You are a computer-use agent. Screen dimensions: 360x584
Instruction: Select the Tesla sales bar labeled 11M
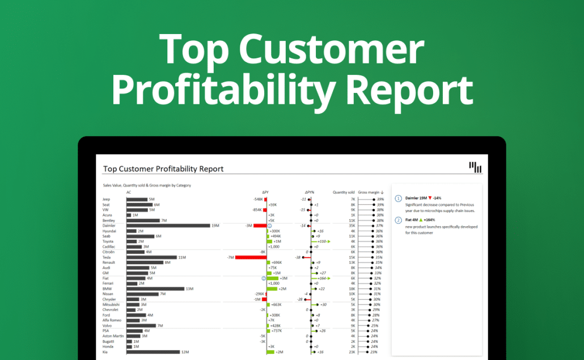151,257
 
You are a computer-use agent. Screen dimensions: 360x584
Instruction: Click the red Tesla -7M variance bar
250,257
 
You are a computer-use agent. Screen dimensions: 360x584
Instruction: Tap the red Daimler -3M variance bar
260,226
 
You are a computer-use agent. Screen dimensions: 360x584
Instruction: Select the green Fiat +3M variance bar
273,278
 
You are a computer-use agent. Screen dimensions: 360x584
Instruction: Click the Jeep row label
106,200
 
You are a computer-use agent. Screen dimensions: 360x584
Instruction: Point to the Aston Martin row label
112,336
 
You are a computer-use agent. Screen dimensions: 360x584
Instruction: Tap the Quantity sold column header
344,192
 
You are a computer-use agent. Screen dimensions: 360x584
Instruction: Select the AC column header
129,192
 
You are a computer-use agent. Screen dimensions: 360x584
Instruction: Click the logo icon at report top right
475,167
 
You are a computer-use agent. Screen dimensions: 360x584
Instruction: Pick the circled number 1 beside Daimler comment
398,198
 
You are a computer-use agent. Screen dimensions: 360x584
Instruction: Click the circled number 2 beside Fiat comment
398,220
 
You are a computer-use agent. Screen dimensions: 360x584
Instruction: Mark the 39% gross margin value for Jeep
380,200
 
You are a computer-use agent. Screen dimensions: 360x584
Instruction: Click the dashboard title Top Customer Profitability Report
163,169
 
